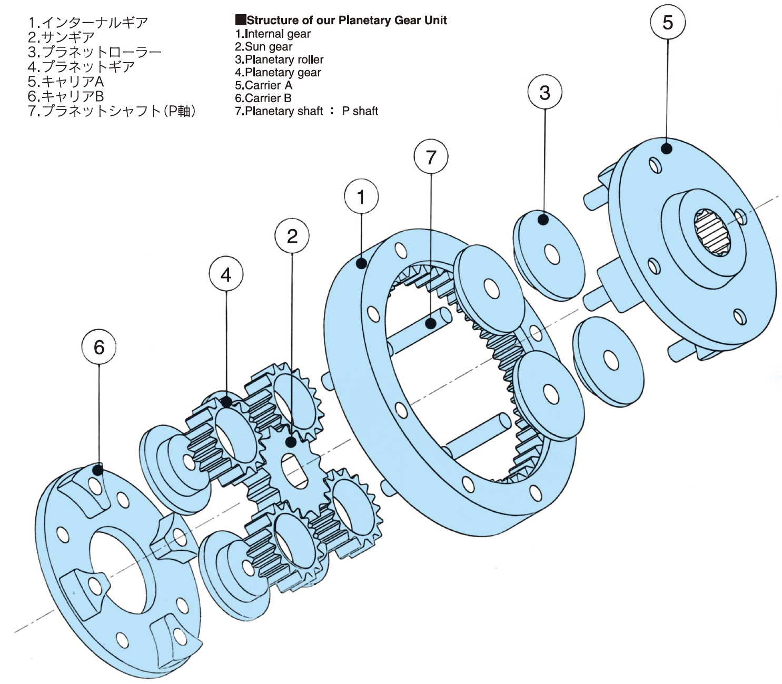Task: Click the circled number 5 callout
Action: [x=667, y=22]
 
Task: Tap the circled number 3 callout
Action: [x=545, y=93]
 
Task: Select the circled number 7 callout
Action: [x=431, y=156]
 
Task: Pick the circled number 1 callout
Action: [x=361, y=197]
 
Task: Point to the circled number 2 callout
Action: [x=292, y=236]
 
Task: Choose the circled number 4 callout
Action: [x=225, y=274]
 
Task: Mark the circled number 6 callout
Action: [x=99, y=347]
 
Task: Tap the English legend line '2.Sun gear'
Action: [x=263, y=46]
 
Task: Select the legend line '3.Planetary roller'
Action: [x=279, y=60]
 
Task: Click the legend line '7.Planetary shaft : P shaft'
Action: [x=306, y=111]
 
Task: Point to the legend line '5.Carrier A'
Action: [x=263, y=85]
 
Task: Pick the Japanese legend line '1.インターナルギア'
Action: [x=88, y=23]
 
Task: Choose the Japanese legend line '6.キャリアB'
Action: [x=66, y=96]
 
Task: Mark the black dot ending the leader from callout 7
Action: [x=431, y=323]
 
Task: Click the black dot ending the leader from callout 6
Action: [x=98, y=469]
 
